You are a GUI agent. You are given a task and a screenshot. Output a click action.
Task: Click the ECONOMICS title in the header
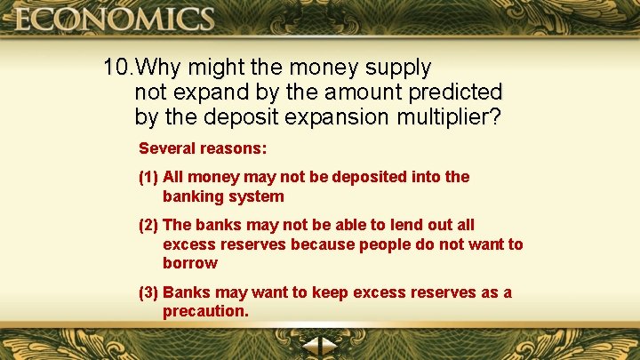[x=114, y=19]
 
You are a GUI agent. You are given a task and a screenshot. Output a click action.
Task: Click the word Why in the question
[x=163, y=68]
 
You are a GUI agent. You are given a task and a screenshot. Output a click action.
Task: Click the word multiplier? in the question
[x=450, y=117]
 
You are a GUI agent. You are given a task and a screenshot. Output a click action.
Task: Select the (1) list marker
[x=148, y=177]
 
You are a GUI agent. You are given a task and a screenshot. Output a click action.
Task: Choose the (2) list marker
[x=148, y=226]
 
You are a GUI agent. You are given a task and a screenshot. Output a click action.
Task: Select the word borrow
[x=189, y=263]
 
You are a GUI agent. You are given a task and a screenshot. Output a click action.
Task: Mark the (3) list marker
[x=148, y=292]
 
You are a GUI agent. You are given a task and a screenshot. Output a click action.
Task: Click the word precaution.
[x=204, y=311]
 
